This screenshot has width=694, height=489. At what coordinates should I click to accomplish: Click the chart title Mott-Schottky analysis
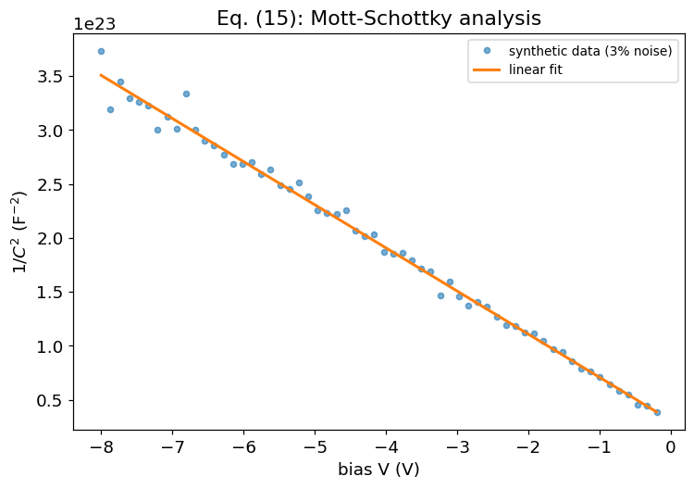point(426,19)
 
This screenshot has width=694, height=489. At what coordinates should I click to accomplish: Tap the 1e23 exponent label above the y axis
point(94,24)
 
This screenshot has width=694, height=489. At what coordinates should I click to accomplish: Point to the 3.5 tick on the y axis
point(50,77)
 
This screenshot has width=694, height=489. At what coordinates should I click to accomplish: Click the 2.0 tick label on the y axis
point(50,238)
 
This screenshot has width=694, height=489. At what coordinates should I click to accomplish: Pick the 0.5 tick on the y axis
point(50,400)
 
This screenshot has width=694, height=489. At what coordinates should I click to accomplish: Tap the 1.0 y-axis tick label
point(50,346)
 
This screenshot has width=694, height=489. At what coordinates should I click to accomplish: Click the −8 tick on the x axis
point(101,447)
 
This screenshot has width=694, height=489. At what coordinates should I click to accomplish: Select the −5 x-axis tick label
point(316,447)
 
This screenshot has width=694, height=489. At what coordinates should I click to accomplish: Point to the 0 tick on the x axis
point(671,447)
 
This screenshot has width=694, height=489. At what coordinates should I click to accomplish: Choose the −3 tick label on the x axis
point(458,447)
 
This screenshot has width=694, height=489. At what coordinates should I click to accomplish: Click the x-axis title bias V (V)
point(378,470)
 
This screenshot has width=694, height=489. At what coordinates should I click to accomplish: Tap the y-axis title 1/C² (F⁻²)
point(19,232)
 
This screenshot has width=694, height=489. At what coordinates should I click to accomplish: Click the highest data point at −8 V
point(101,51)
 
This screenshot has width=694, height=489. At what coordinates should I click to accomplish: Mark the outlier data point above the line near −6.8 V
point(186,94)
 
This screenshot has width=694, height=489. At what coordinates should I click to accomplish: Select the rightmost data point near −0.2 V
point(657,412)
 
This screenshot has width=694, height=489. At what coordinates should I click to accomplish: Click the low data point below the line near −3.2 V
point(440,295)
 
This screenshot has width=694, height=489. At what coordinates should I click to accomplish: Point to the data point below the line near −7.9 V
point(111,110)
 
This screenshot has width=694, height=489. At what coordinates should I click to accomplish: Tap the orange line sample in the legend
point(487,70)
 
